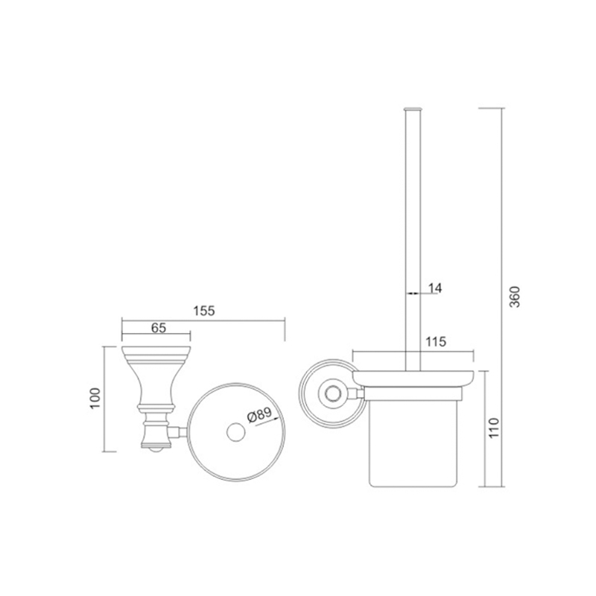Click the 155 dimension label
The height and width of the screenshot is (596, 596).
point(204,311)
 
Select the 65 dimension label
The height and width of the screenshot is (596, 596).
point(159,328)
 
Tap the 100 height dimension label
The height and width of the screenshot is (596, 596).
point(95,399)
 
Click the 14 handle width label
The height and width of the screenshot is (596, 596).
point(435,288)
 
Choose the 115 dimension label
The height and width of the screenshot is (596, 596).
point(435,342)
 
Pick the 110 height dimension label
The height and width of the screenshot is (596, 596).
point(493,428)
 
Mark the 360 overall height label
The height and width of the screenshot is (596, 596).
point(514,297)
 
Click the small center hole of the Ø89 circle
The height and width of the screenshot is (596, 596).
point(236,432)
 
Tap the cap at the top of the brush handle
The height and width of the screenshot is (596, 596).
point(413,109)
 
